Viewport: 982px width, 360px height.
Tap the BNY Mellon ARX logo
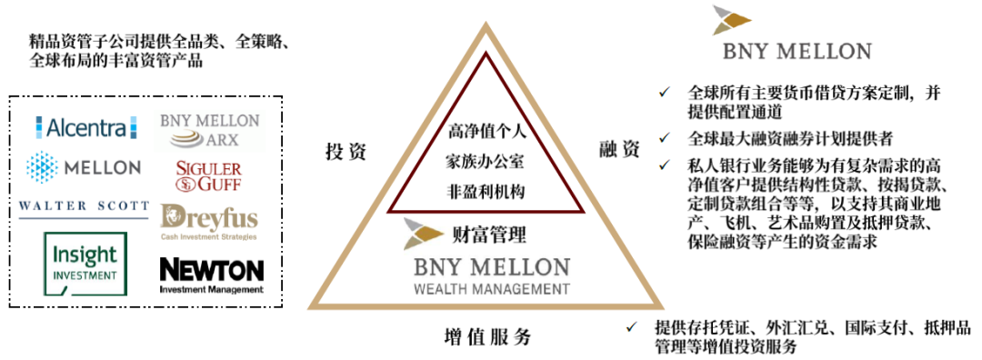(210, 131)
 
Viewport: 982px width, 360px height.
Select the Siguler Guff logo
(208, 176)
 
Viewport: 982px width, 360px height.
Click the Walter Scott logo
(84, 208)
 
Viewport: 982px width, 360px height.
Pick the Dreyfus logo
(208, 222)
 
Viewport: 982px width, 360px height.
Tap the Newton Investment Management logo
(211, 274)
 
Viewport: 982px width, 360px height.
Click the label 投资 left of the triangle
(346, 152)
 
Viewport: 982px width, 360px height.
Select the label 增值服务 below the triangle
(487, 337)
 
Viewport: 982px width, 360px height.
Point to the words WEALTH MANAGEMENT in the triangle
(490, 290)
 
